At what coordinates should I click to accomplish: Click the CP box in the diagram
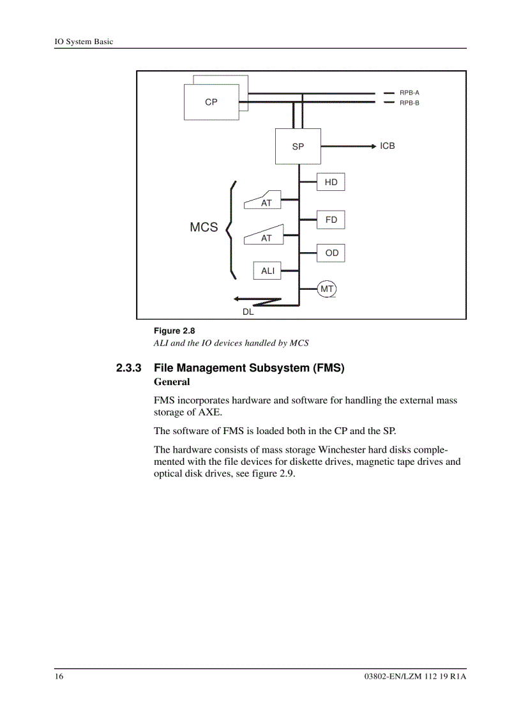click(211, 102)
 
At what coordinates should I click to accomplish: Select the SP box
click(298, 146)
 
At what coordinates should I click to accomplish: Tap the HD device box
click(331, 182)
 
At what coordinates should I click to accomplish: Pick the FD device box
click(331, 220)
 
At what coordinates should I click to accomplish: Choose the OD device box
click(331, 253)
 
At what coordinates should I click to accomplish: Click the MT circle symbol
click(327, 289)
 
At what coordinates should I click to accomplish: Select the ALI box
click(268, 271)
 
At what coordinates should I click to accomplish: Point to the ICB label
click(388, 146)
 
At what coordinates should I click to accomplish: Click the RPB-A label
click(409, 93)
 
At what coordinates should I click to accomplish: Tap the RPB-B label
click(409, 102)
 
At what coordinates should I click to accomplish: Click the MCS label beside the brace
click(204, 227)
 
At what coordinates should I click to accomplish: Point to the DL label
click(248, 312)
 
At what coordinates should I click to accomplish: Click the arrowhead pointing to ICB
click(374, 146)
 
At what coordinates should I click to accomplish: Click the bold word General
click(172, 382)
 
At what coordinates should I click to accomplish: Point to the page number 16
click(59, 677)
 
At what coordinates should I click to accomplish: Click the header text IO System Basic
click(83, 42)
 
